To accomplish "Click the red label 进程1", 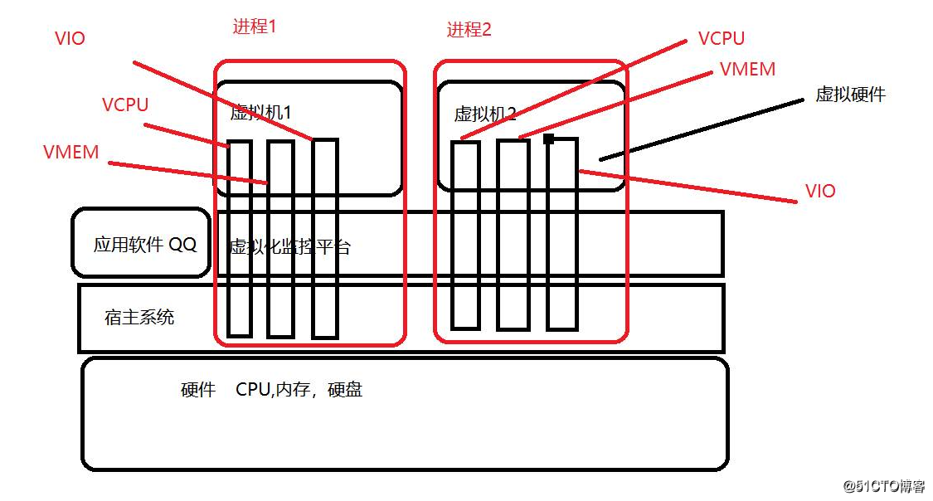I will coord(255,27).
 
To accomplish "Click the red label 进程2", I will coord(469,30).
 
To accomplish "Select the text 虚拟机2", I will coord(485,114).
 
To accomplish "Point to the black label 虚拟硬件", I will coord(850,95).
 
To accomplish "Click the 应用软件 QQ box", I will coord(141,244).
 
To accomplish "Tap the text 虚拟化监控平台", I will coord(289,247).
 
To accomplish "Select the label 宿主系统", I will coord(139,317).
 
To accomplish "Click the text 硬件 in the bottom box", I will coord(198,390).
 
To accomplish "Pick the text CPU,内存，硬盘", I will coord(299,390).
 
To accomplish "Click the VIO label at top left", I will coord(70,38).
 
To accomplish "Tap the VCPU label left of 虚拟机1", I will coord(125,105).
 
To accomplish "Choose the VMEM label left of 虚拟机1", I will coord(71,153).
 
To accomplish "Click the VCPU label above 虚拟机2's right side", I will coord(721,38).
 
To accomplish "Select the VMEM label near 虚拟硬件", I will coord(747,70).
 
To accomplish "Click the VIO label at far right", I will coord(820,192).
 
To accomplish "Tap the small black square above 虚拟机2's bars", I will coord(548,139).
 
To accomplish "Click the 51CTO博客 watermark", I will coord(884,485).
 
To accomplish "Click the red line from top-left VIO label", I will coord(224,100).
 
